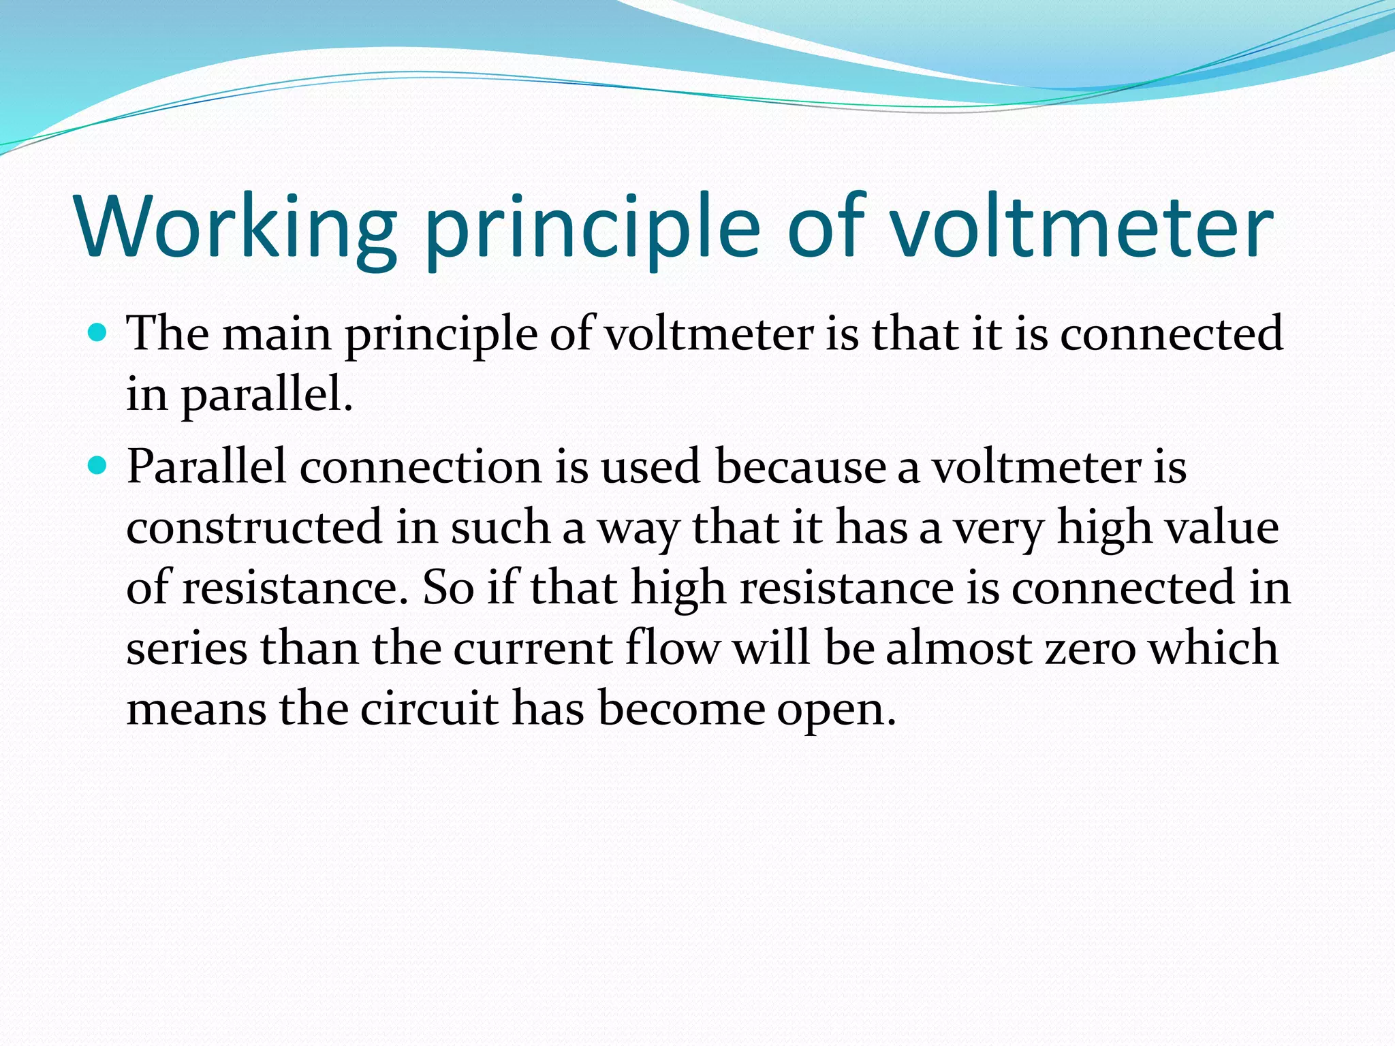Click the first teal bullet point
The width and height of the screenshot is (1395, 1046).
(99, 334)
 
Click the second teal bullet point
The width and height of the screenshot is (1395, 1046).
(99, 466)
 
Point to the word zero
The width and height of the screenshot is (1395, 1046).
(1091, 648)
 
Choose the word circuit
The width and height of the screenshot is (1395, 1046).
(429, 708)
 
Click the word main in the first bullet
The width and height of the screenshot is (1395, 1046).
(277, 334)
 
